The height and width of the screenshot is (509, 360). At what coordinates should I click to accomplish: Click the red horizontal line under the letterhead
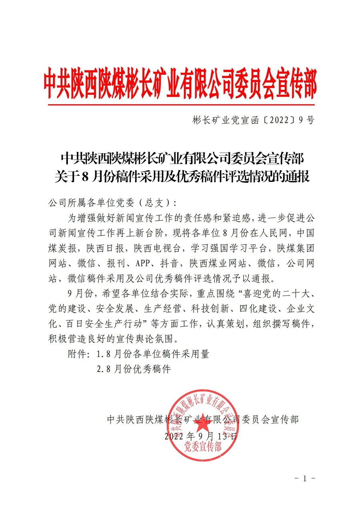[180, 105]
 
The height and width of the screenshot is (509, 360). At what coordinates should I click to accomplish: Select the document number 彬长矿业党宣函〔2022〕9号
[248, 120]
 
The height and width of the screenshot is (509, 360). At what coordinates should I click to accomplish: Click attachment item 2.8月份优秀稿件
[134, 369]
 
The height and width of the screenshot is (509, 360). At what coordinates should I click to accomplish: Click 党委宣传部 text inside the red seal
[203, 447]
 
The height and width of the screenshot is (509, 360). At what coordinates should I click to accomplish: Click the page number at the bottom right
[305, 478]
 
